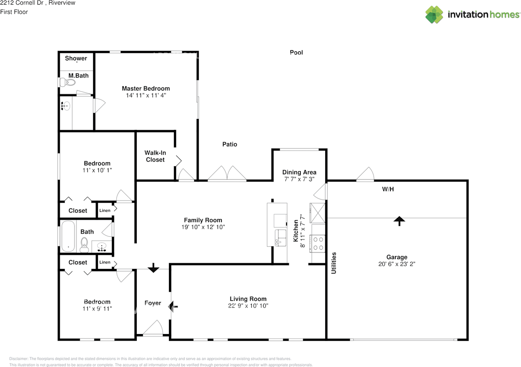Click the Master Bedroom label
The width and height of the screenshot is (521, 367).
[146, 88]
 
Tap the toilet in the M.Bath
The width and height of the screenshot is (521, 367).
[68, 82]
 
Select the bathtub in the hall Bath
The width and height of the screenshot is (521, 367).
[68, 236]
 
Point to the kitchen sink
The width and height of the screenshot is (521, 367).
[280, 238]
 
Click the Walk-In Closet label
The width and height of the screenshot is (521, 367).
[155, 156]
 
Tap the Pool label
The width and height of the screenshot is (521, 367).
[296, 52]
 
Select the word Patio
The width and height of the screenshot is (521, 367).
[230, 144]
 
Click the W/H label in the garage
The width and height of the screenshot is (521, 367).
[388, 189]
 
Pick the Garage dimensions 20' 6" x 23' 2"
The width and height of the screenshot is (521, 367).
[397, 264]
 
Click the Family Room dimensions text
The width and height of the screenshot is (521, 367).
[203, 227]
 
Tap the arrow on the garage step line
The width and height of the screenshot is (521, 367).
[399, 221]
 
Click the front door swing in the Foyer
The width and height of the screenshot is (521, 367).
[153, 328]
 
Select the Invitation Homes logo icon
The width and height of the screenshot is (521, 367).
[434, 15]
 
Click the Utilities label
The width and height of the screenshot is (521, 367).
[334, 263]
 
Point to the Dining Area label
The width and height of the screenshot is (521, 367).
[299, 173]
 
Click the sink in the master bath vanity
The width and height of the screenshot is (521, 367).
[66, 106]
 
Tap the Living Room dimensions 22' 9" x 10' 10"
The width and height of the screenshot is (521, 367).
[248, 306]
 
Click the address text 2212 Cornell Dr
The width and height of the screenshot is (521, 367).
[22, 3]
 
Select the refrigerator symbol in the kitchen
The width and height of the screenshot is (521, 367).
[317, 213]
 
